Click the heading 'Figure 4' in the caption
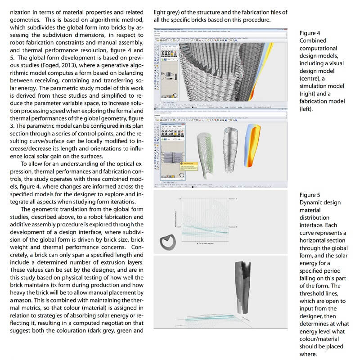tap(310, 33)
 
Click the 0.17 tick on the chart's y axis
tap(178, 227)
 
